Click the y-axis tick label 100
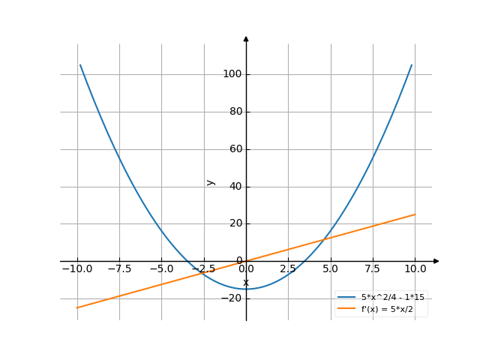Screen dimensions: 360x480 click(232, 74)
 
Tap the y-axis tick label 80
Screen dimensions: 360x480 click(234, 112)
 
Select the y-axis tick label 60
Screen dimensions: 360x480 click(234, 149)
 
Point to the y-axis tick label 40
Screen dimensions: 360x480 click(234, 186)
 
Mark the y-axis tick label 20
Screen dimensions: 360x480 click(234, 223)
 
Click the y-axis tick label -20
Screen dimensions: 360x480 click(232, 298)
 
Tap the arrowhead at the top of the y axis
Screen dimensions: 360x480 click(246, 38)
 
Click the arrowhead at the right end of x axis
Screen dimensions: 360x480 click(436, 261)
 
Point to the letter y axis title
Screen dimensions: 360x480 click(211, 182)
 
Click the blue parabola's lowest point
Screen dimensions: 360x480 click(246, 289)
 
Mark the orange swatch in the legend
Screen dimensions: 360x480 click(346, 308)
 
